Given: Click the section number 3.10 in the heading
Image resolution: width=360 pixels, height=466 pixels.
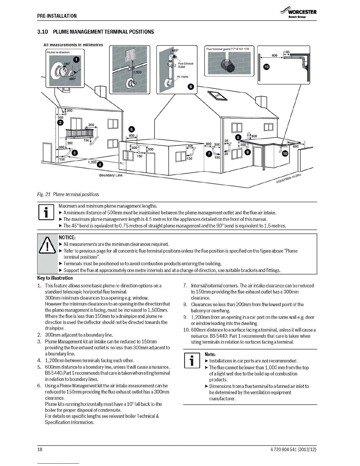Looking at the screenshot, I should point(42,32).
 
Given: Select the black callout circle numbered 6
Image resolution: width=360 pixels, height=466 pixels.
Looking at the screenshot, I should point(191,86).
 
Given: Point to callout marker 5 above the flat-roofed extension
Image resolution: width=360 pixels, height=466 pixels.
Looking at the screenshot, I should point(132,129).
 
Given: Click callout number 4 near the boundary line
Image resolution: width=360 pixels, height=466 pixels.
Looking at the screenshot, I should point(100,164).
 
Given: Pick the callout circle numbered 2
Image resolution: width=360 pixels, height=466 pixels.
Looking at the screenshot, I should point(60,123).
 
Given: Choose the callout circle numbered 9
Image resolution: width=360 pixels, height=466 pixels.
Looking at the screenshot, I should point(248,152).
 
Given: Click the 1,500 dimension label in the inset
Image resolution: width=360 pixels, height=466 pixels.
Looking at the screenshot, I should point(137,72).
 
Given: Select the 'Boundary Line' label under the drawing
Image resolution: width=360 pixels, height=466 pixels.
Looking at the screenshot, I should point(111,175).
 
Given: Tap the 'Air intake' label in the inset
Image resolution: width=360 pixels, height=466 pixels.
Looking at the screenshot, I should point(182,77).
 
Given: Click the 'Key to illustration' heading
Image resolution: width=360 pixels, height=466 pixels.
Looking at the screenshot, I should point(55,278).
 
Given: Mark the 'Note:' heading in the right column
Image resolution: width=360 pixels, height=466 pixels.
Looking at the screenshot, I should point(210,354).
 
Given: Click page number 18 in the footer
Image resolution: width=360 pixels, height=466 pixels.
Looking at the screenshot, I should point(40,450).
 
